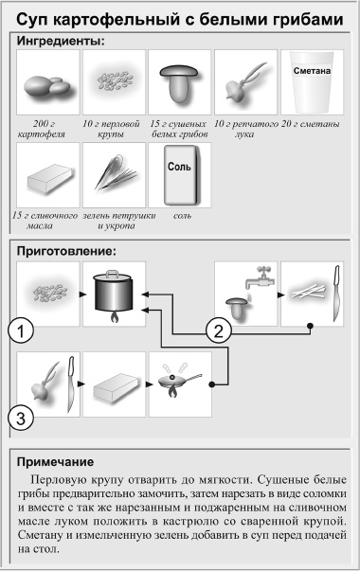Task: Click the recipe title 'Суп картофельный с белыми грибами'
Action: [180, 19]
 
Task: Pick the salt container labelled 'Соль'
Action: [178, 176]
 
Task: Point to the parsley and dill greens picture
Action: [113, 176]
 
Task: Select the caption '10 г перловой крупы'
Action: [113, 128]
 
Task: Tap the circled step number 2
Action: [219, 330]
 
